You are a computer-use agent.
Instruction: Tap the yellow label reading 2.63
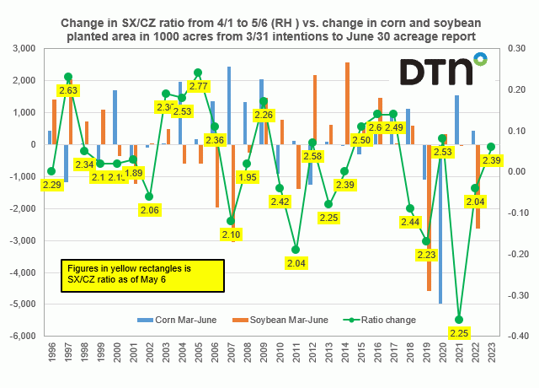[x=69, y=90]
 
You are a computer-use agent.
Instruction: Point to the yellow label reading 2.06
[x=149, y=209]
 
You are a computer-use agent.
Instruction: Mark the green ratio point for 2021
[x=459, y=320]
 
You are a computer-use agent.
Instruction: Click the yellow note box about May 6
[x=141, y=273]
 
